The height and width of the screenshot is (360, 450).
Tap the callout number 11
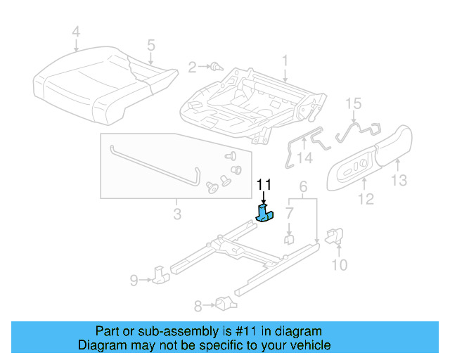[264, 185]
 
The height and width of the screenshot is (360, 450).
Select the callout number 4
[76, 32]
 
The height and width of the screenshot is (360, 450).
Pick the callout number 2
[192, 67]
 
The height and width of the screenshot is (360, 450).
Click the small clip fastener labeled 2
[216, 67]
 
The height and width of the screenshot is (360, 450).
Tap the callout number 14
[304, 157]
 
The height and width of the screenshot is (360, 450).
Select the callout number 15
[354, 103]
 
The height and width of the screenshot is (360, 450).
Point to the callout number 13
[399, 181]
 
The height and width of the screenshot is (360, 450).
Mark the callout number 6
[304, 187]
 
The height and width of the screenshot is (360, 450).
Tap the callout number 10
[339, 264]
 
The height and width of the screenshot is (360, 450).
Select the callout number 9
[134, 281]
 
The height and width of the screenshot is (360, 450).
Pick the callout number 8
[198, 305]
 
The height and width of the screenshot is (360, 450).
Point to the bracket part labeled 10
[335, 236]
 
